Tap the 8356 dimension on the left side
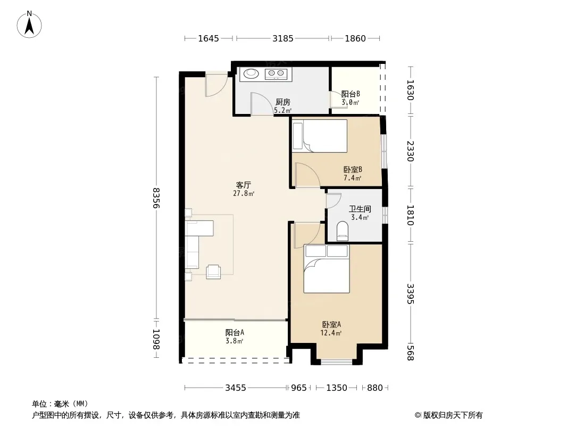156,198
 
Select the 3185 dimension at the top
283,38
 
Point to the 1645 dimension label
209,38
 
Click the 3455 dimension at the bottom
236,388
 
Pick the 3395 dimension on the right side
410,293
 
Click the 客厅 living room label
244,185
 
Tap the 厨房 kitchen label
283,102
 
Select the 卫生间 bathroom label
360,209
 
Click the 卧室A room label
331,325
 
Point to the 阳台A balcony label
235,332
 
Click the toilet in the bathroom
342,231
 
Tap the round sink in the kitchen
251,74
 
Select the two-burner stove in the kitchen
276,74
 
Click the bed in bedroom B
320,136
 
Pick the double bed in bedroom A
327,268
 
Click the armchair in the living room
213,272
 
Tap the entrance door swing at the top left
217,86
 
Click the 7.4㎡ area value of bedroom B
352,178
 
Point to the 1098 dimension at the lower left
156,339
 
